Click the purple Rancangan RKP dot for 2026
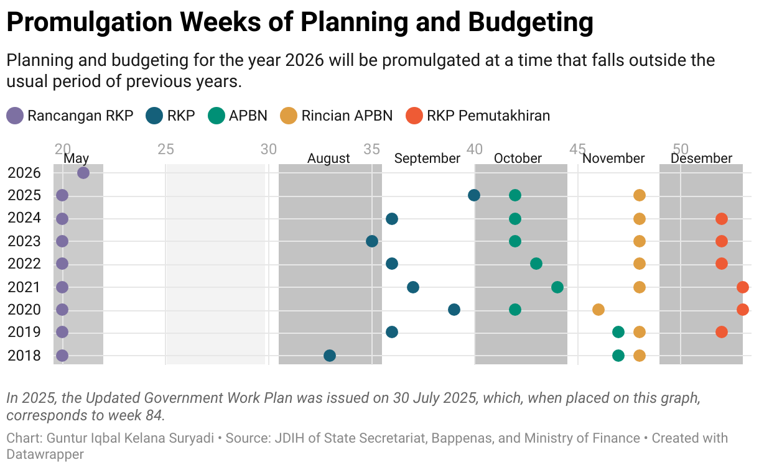[83, 173]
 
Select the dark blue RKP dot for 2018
[330, 356]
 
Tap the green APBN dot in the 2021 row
[557, 287]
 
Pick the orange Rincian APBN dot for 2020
[598, 310]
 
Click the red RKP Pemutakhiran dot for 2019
[722, 332]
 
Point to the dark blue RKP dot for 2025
[474, 195]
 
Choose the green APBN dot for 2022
[536, 264]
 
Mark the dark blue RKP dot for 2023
[372, 241]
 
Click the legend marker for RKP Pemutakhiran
[414, 116]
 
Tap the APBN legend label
[248, 116]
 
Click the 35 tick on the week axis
[372, 149]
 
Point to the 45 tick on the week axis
[578, 149]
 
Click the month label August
[328, 159]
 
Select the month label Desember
[701, 159]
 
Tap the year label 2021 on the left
[24, 287]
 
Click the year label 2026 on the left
[24, 173]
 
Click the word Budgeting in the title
[530, 23]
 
